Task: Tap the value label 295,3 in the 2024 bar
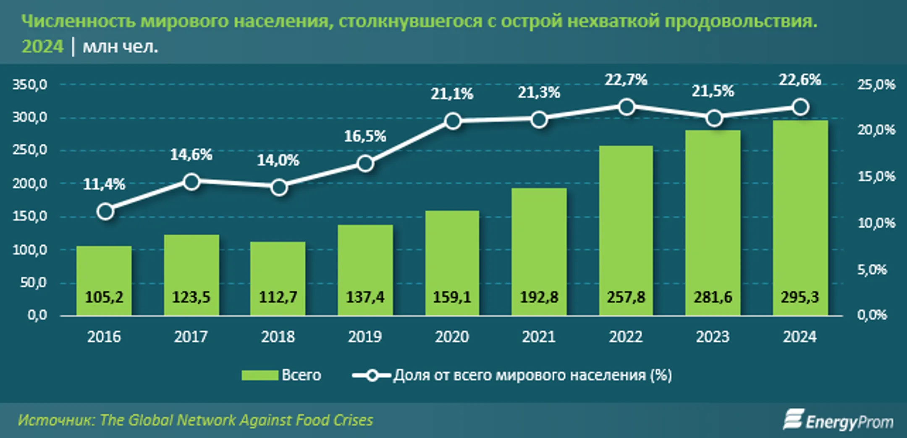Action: point(800,297)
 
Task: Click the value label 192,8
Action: point(539,297)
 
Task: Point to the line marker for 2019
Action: point(365,163)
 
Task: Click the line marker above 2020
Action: point(453,121)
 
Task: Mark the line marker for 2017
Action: point(191,182)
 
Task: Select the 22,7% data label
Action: point(626,80)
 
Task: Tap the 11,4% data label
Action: point(104,184)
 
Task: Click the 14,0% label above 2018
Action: point(278,160)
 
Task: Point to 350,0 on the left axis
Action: point(30,85)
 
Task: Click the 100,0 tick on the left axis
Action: point(30,250)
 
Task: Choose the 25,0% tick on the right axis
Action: point(876,85)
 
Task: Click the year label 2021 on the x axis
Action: point(539,337)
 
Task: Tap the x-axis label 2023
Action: point(713,337)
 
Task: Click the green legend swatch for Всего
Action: point(260,375)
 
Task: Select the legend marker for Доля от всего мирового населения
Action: point(372,375)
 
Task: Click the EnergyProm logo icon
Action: point(793,420)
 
